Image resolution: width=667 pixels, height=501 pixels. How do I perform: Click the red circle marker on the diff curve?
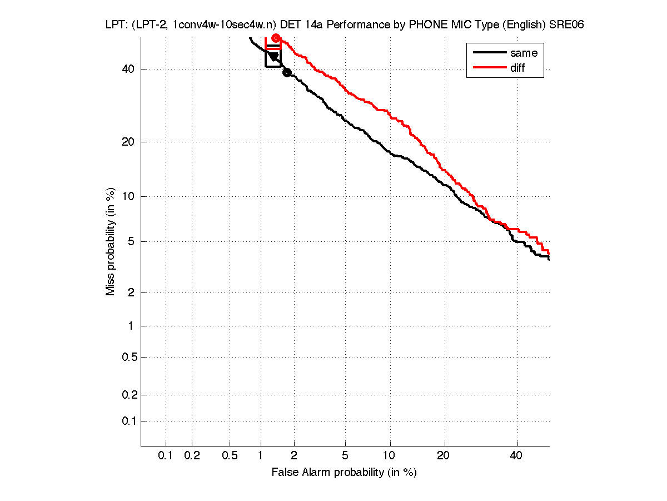tap(276, 38)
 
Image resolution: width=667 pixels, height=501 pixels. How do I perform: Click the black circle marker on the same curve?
tap(287, 72)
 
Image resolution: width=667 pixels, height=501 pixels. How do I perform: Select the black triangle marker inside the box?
tap(273, 56)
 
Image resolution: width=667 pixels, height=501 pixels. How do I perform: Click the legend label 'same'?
tap(524, 53)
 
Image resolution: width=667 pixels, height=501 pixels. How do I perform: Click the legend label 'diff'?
tap(517, 68)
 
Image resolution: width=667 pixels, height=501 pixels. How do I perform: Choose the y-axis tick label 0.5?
tap(129, 357)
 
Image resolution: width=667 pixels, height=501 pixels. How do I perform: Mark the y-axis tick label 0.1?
tap(129, 421)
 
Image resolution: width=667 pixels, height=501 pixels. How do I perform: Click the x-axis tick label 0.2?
tap(192, 456)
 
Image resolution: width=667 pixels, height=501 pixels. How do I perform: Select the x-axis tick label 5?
tap(346, 456)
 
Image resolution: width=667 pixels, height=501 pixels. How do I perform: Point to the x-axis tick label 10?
tap(390, 456)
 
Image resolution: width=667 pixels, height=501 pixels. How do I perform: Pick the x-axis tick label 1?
tap(261, 456)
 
